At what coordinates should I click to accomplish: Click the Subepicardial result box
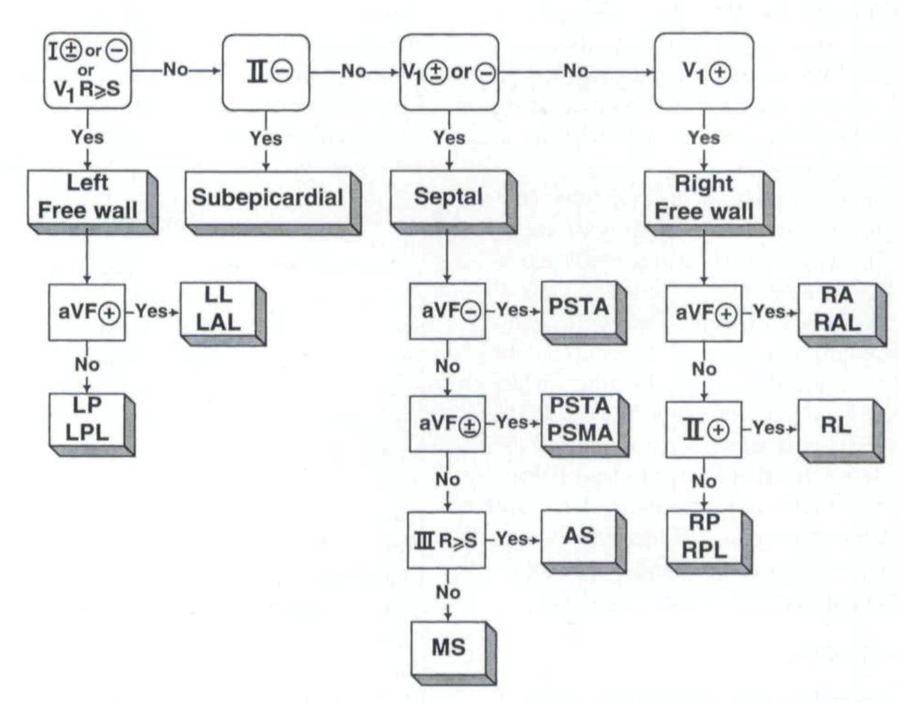pyautogui.click(x=268, y=198)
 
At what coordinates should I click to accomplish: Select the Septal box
pyautogui.click(x=447, y=198)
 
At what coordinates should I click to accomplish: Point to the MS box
pyautogui.click(x=447, y=647)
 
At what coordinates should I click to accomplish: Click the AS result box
pyautogui.click(x=578, y=536)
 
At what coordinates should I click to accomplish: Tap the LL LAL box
pyautogui.click(x=219, y=310)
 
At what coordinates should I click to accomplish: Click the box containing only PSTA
pyautogui.click(x=578, y=310)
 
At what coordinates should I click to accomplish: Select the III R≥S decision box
pyautogui.click(x=447, y=539)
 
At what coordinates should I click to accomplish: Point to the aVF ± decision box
pyautogui.click(x=447, y=423)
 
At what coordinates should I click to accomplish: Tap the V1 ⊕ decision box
pyautogui.click(x=703, y=71)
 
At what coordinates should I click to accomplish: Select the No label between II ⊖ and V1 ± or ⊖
pyautogui.click(x=354, y=71)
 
